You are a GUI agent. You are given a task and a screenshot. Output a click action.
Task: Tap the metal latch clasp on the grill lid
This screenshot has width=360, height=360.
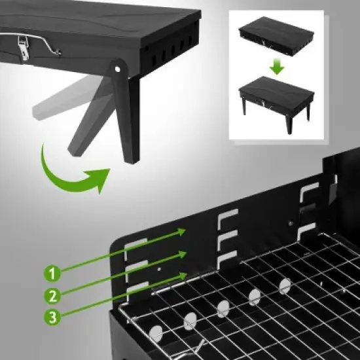[25, 46]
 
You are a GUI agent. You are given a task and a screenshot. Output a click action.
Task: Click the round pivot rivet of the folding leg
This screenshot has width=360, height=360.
[118, 68]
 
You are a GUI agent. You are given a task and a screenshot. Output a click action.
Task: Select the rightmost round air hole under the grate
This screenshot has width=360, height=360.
[285, 285]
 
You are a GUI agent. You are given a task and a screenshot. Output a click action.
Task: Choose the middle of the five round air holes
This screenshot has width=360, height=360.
[223, 308]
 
